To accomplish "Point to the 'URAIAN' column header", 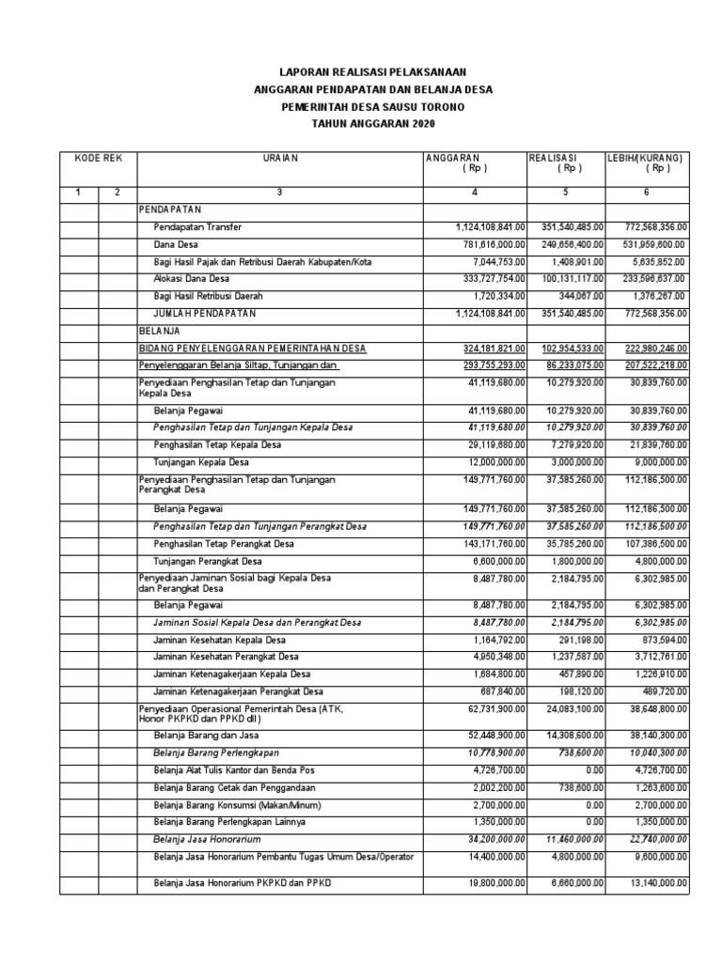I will click(x=279, y=158).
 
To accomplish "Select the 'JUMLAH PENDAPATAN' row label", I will click(x=205, y=313).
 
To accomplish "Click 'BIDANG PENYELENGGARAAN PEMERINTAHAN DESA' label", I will click(x=252, y=348).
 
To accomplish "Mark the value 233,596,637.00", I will click(x=649, y=279).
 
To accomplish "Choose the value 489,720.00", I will click(x=664, y=690).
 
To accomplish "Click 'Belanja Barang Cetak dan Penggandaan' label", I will click(x=234, y=787).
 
